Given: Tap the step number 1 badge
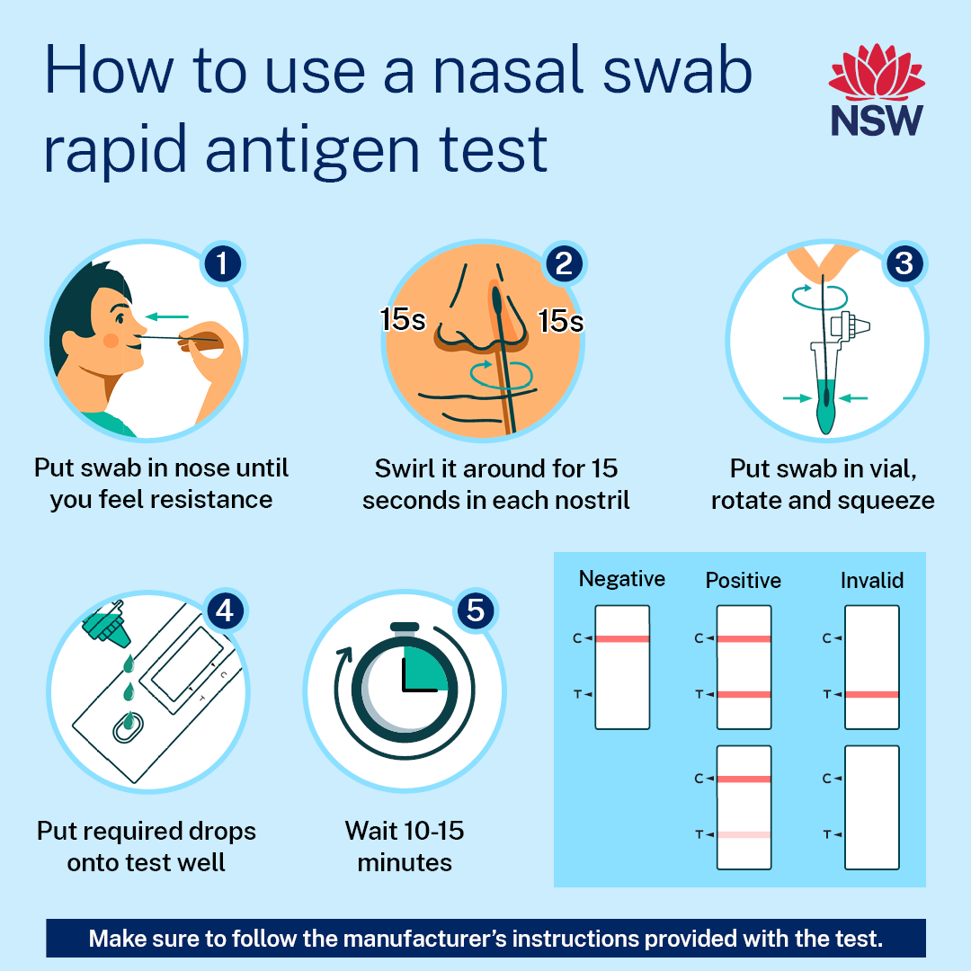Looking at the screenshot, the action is [222, 263].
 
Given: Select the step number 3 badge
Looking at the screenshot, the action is [904, 263].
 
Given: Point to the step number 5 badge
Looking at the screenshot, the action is [476, 610].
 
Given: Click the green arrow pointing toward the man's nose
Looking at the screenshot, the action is [166, 317].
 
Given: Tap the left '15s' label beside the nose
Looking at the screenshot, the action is [403, 319].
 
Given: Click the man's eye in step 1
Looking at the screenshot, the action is [120, 318].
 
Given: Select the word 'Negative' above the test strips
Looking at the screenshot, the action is [622, 578].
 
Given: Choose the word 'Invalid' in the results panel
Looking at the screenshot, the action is [872, 580].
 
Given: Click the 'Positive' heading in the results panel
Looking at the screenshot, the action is [744, 580].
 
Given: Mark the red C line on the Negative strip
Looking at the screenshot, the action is [622, 638].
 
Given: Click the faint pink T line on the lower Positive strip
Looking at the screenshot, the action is [744, 834].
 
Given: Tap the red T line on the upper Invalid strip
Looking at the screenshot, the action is [872, 694].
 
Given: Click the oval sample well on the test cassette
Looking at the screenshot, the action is [129, 727].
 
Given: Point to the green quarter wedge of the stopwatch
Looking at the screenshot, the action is [424, 669].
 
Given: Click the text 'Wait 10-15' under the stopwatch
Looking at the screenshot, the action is [405, 831].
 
